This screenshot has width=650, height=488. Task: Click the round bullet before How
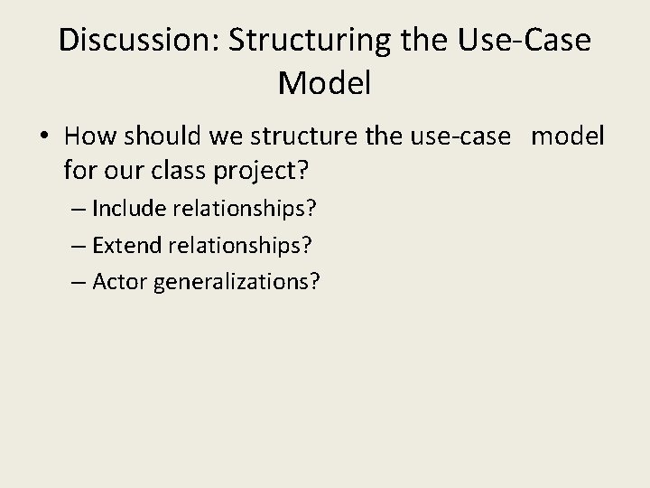tap(44, 136)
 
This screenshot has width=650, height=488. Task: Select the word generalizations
tap(237, 283)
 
